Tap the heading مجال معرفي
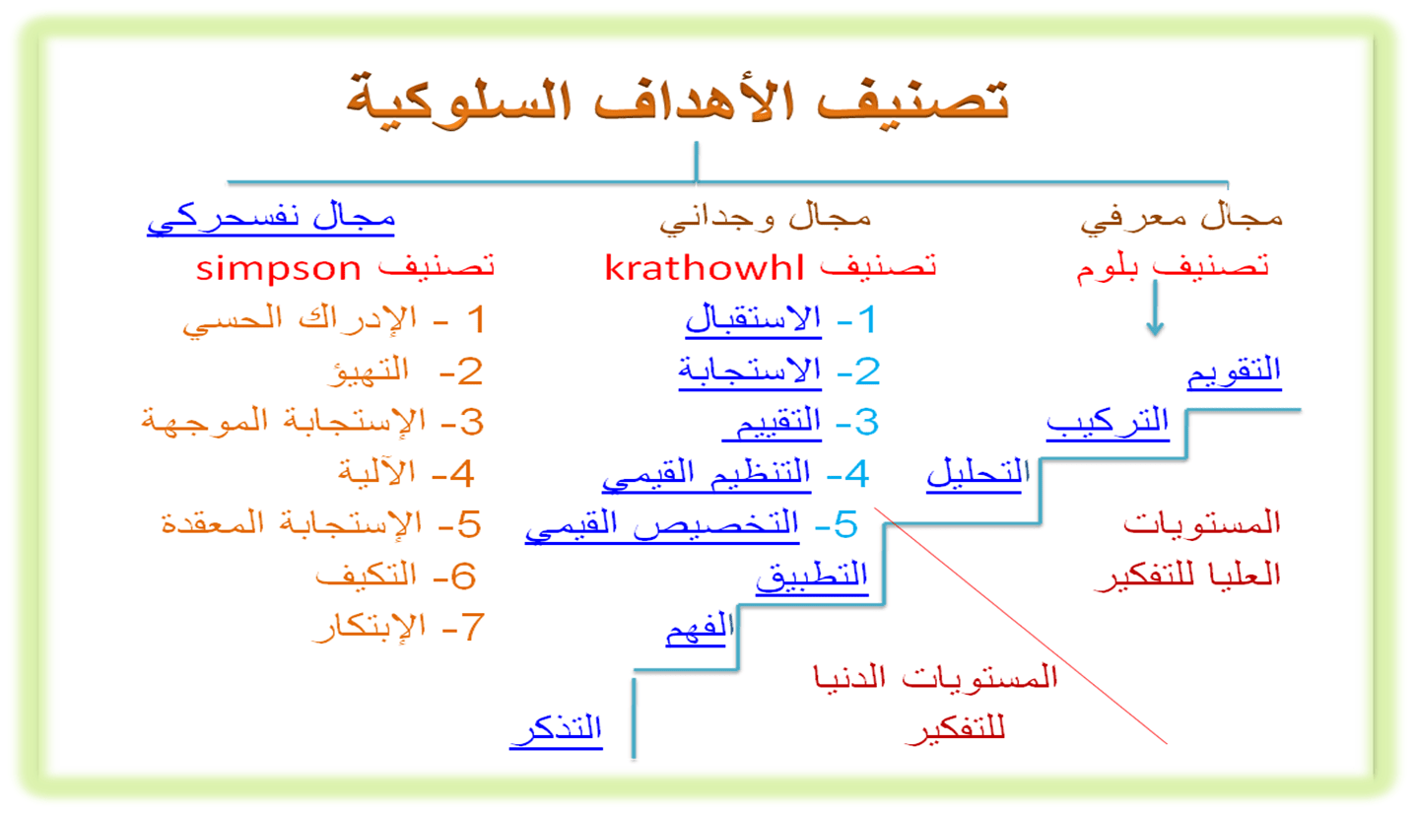[x=1181, y=219]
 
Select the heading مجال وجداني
[x=766, y=219]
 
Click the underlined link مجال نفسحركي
[x=271, y=219]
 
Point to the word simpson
[x=278, y=270]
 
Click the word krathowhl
[x=705, y=267]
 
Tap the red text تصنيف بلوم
[x=1173, y=268]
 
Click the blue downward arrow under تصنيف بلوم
[x=1156, y=307]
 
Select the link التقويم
[x=1235, y=373]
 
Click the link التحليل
[x=977, y=474]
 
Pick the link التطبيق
[x=812, y=577]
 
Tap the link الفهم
[x=700, y=628]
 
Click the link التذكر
[x=556, y=730]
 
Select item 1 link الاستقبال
[x=754, y=319]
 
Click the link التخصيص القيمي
[x=662, y=526]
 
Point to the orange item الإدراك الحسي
[x=300, y=319]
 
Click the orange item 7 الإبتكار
[x=369, y=627]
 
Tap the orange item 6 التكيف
[x=367, y=576]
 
